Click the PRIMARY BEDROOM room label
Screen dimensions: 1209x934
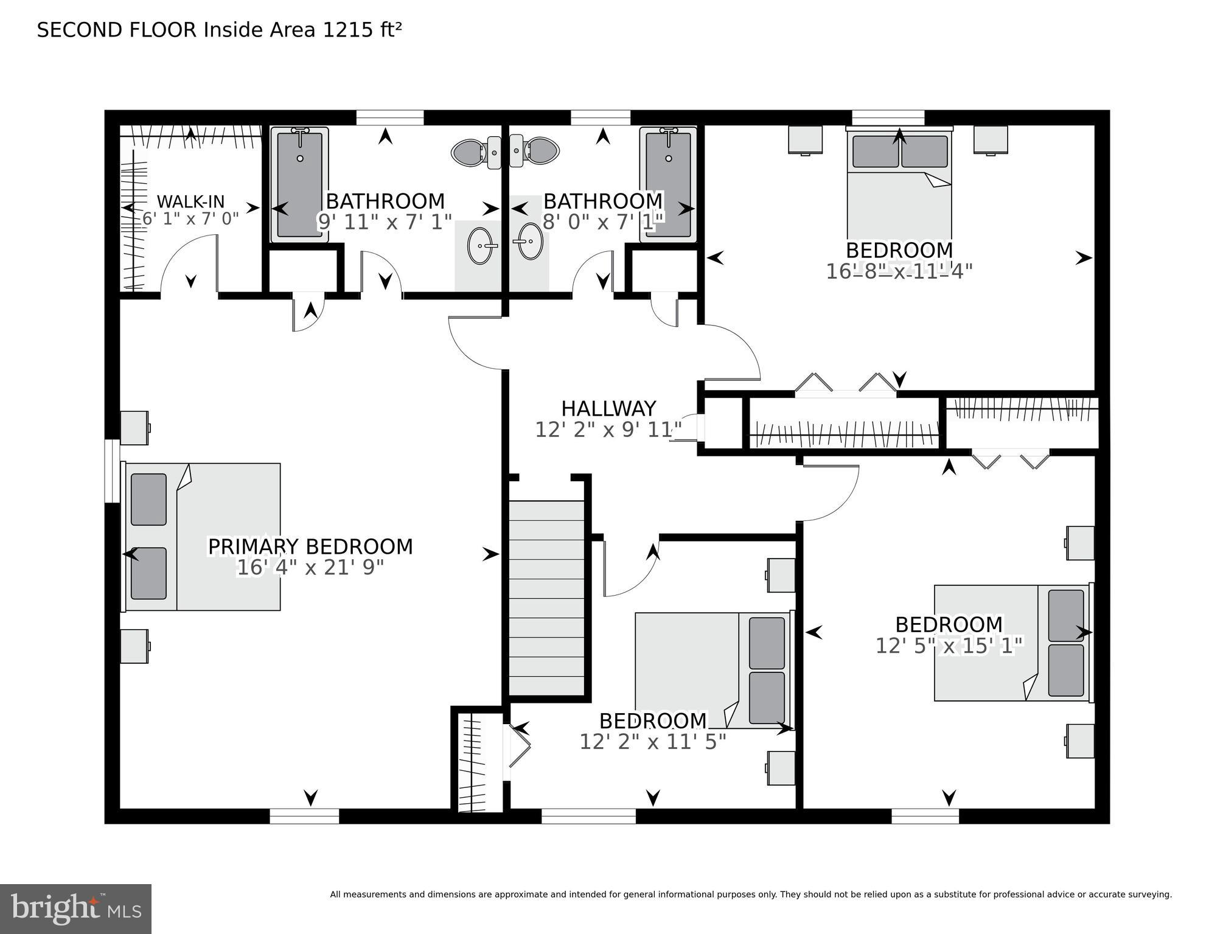coord(310,546)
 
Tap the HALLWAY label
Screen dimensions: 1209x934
coord(608,408)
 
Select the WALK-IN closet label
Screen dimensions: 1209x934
coord(190,201)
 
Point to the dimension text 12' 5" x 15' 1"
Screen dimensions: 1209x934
coord(949,646)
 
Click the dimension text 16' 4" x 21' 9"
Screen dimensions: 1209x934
coord(310,568)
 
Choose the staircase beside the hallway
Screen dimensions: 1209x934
coord(546,598)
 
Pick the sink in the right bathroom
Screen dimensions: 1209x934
coord(527,242)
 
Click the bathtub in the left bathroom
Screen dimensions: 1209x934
coord(299,185)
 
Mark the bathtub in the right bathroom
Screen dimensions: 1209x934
coord(668,185)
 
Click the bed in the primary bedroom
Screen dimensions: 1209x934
coord(203,537)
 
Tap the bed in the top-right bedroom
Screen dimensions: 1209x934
coord(899,183)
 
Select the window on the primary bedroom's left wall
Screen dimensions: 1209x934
coord(112,471)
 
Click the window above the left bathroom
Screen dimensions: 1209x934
coord(390,117)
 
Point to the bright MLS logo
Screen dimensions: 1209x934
coord(75,908)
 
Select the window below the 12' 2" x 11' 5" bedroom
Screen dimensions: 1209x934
coord(588,816)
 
